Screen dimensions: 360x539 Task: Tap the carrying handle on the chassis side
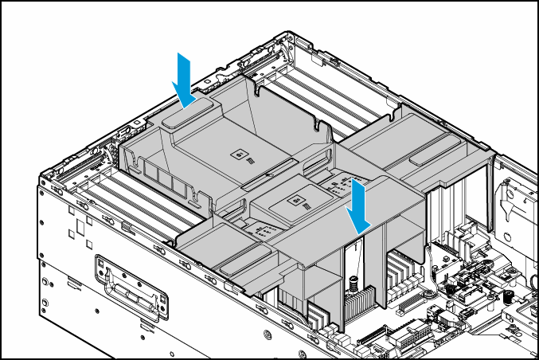point(131,286)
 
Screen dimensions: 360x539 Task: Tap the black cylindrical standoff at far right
point(507,298)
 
